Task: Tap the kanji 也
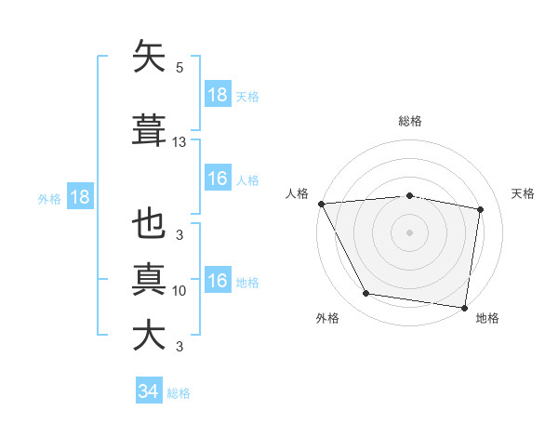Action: (150, 225)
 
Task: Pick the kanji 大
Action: (150, 334)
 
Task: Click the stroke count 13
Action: (179, 142)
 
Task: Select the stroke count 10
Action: (179, 291)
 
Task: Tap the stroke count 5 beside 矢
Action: (179, 68)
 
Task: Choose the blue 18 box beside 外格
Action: (79, 196)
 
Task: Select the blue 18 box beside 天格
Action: (218, 95)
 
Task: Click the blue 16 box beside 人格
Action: (218, 179)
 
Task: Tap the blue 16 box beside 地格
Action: (218, 281)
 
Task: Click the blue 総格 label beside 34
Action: (179, 393)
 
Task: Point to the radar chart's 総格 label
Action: (410, 121)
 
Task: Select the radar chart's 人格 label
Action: (299, 193)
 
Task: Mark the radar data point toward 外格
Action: (366, 295)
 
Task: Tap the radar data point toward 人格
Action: (321, 204)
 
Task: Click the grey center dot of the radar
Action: (410, 232)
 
